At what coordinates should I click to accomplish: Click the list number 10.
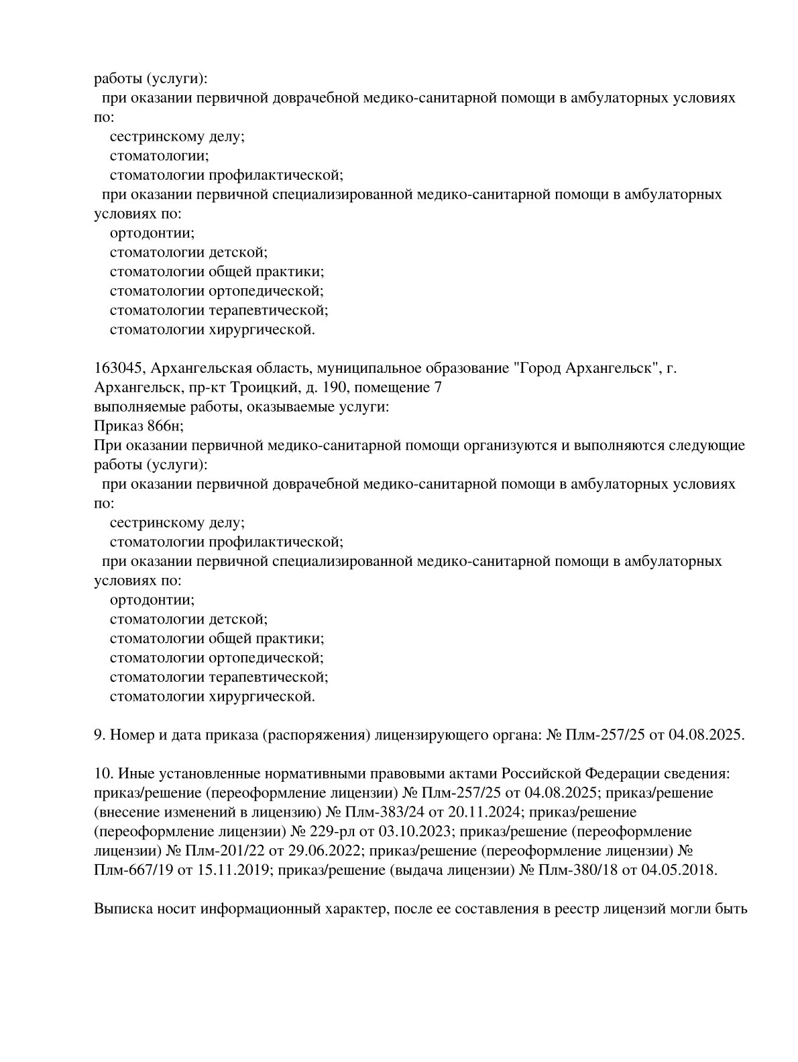[103, 773]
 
